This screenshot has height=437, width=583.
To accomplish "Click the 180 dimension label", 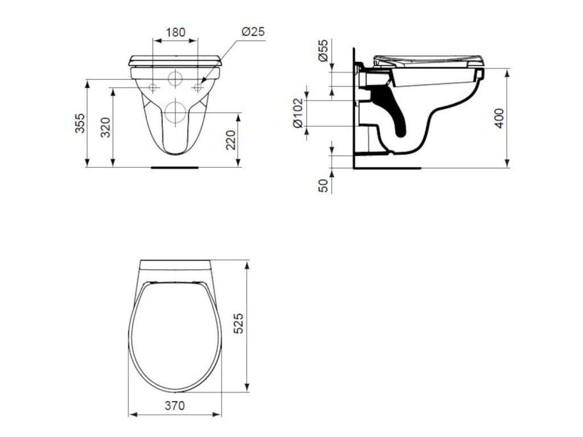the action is [x=175, y=32].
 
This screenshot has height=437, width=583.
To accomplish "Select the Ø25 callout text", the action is [x=253, y=32].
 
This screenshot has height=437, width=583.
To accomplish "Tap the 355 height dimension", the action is [x=80, y=123].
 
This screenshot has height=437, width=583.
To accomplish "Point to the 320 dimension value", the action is [x=106, y=127].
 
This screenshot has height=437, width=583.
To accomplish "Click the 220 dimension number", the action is [x=231, y=140].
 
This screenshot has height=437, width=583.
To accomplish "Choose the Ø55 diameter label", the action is [x=323, y=51].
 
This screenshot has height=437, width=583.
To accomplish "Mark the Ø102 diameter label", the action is [x=298, y=113].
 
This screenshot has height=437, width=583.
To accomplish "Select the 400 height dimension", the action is [x=499, y=118].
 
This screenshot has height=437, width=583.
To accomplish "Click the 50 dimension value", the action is [x=324, y=185].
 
